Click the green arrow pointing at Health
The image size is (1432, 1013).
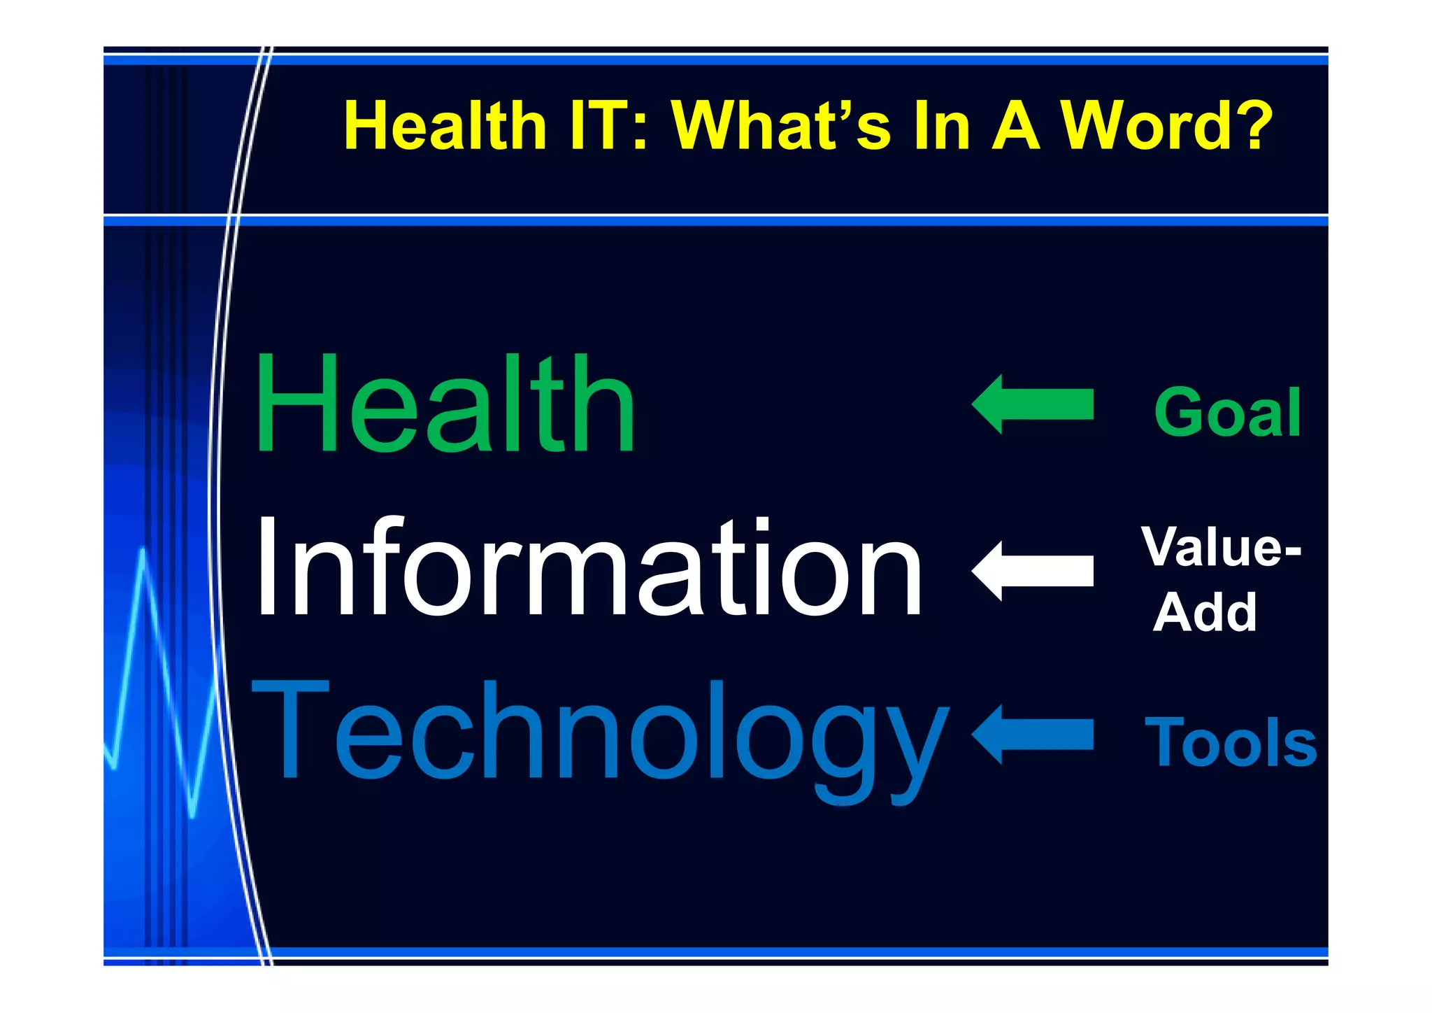[1032, 404]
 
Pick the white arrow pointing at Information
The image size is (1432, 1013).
[1032, 571]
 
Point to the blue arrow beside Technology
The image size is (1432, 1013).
[1032, 735]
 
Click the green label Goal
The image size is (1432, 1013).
[1227, 413]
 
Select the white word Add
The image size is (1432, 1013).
[1205, 613]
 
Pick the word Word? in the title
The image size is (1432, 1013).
[1166, 126]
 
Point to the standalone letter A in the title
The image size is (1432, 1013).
[1016, 126]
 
